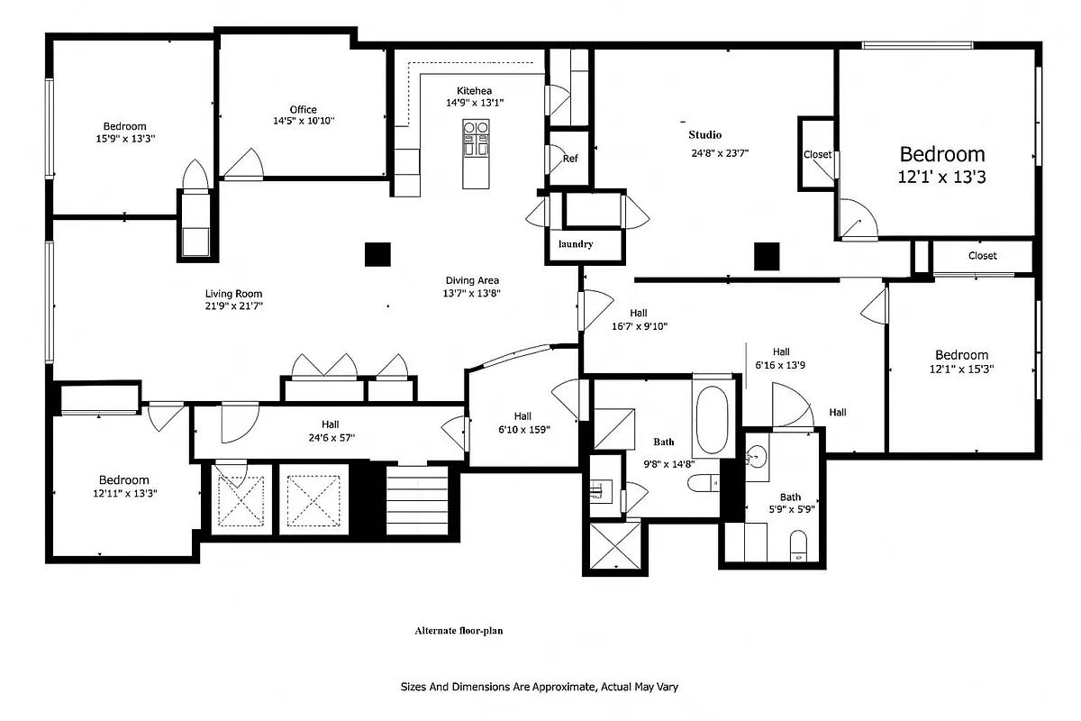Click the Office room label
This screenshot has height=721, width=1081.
[x=304, y=110]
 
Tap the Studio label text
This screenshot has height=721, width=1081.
[x=705, y=134]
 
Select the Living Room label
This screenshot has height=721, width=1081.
[x=233, y=294]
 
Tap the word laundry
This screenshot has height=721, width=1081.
[x=576, y=244]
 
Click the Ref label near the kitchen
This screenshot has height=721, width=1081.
[x=570, y=159]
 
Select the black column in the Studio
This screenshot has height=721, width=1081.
[x=766, y=257]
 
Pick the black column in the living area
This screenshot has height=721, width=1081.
[x=377, y=255]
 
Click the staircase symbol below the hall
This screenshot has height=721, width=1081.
[x=416, y=501]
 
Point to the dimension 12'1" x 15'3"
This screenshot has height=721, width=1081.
[x=961, y=369]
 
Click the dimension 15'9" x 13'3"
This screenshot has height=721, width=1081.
[x=124, y=139]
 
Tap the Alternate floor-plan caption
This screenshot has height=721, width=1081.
[x=459, y=631]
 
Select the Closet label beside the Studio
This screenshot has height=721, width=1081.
[x=817, y=154]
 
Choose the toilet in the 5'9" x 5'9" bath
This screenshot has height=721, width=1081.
[x=798, y=546]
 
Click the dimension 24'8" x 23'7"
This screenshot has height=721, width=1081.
[x=720, y=152]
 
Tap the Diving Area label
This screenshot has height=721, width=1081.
[x=471, y=280]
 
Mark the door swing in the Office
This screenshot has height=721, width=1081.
[x=244, y=163]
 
